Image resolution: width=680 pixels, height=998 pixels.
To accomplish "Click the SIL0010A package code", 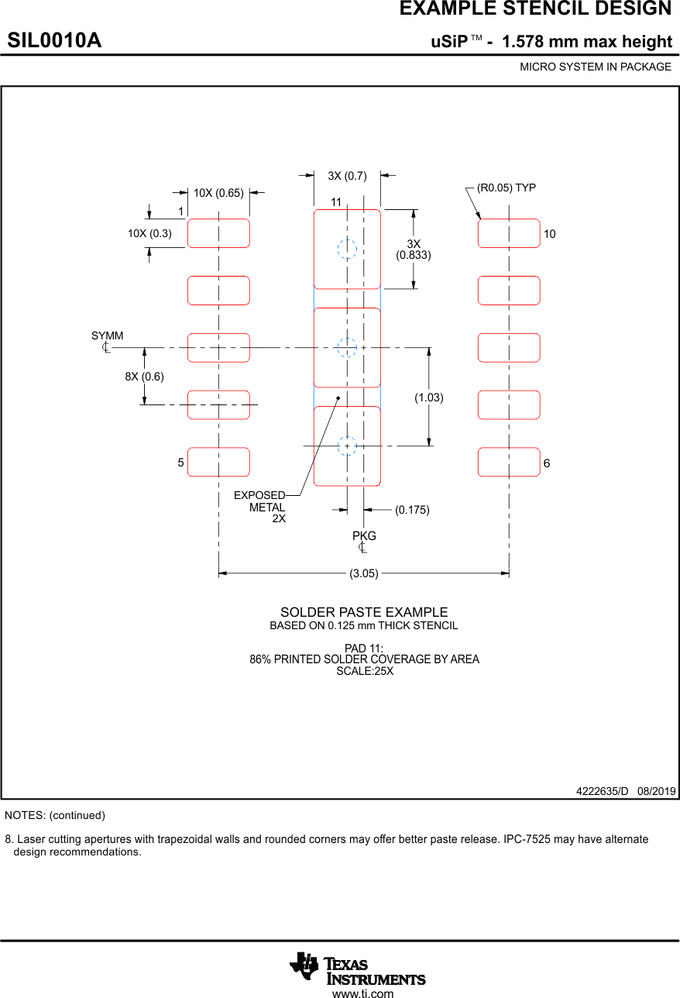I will tap(54, 40).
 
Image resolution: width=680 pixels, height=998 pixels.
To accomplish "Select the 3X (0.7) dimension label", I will tap(347, 176).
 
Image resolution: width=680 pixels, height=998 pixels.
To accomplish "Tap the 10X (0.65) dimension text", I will tap(218, 192).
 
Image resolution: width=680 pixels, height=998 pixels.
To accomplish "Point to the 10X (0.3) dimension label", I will tap(149, 233).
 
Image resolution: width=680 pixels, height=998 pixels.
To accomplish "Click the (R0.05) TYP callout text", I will tap(506, 188).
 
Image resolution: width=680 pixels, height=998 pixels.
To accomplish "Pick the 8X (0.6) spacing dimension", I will tap(144, 377).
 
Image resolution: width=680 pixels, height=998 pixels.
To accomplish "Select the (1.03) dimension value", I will tap(428, 397).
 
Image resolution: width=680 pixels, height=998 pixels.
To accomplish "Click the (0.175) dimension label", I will tap(412, 510).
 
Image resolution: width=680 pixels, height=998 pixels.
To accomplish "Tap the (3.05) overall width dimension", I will tap(364, 573).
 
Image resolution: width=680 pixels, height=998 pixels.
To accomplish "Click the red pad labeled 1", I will tap(218, 233).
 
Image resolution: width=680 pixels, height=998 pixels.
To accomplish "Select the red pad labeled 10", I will tap(509, 233).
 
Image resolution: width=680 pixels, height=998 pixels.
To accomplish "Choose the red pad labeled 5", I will tap(218, 462).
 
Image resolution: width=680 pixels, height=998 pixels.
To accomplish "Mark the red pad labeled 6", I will tap(509, 462).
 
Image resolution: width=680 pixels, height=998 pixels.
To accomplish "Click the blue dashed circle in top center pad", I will tap(347, 249).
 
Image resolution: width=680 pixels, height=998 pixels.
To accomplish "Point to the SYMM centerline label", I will tap(107, 336).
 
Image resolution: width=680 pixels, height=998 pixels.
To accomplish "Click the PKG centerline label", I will tap(364, 536).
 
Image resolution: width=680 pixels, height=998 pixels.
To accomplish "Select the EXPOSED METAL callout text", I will tap(259, 501).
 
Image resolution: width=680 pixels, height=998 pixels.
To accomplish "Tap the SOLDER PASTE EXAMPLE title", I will tap(364, 612).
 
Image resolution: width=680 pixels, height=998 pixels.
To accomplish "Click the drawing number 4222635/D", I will tap(602, 791).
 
